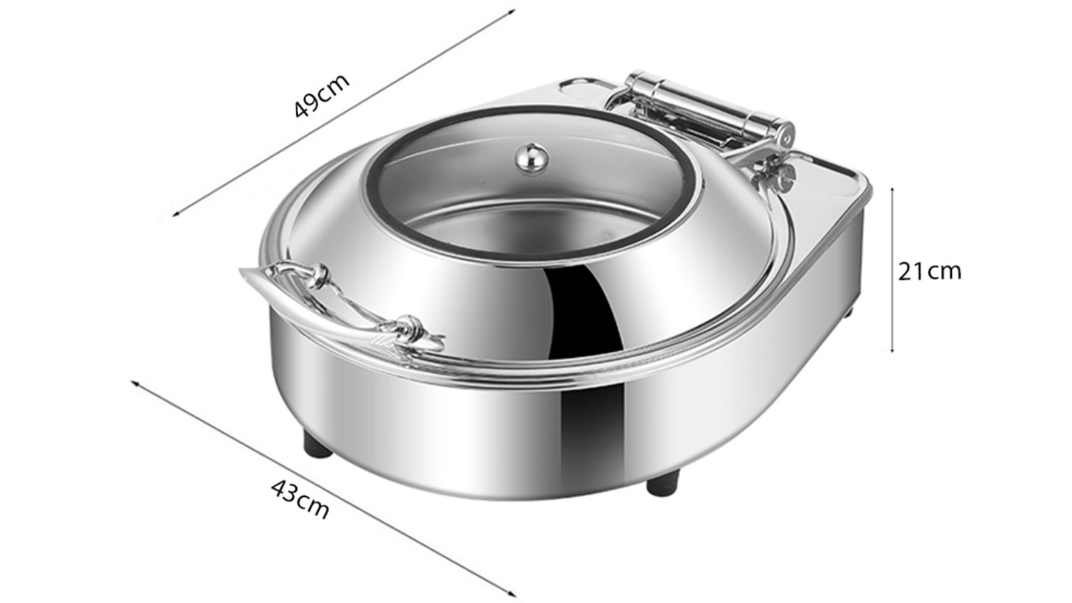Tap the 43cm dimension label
coord(300,498)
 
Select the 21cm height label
coord(929,271)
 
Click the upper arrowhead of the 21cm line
coord(892,190)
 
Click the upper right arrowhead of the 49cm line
coord(513,10)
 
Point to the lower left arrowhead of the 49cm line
coord(176,214)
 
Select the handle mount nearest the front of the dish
coord(409,328)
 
